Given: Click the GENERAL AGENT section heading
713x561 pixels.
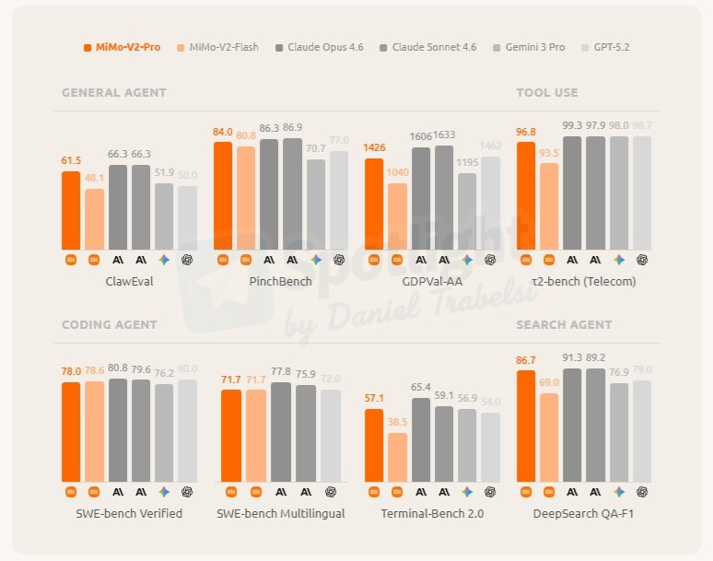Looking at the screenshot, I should tap(114, 93).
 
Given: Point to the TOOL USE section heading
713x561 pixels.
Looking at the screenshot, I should tap(547, 93).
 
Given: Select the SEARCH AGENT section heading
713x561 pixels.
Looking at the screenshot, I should tap(564, 324).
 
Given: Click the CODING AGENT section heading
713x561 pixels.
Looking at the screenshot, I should tap(109, 324).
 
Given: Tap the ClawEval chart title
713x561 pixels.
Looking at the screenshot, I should tap(129, 282).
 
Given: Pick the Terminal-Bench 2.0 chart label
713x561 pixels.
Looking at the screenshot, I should tap(432, 513).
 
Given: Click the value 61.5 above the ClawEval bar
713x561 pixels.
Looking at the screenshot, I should tap(71, 161).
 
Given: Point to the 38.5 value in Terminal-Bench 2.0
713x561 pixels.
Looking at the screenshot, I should tap(397, 422).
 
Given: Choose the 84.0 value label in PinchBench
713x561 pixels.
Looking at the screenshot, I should tap(223, 132).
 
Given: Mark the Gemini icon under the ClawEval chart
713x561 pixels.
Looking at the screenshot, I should tap(164, 260).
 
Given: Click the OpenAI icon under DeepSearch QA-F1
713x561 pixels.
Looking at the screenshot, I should tap(642, 491).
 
